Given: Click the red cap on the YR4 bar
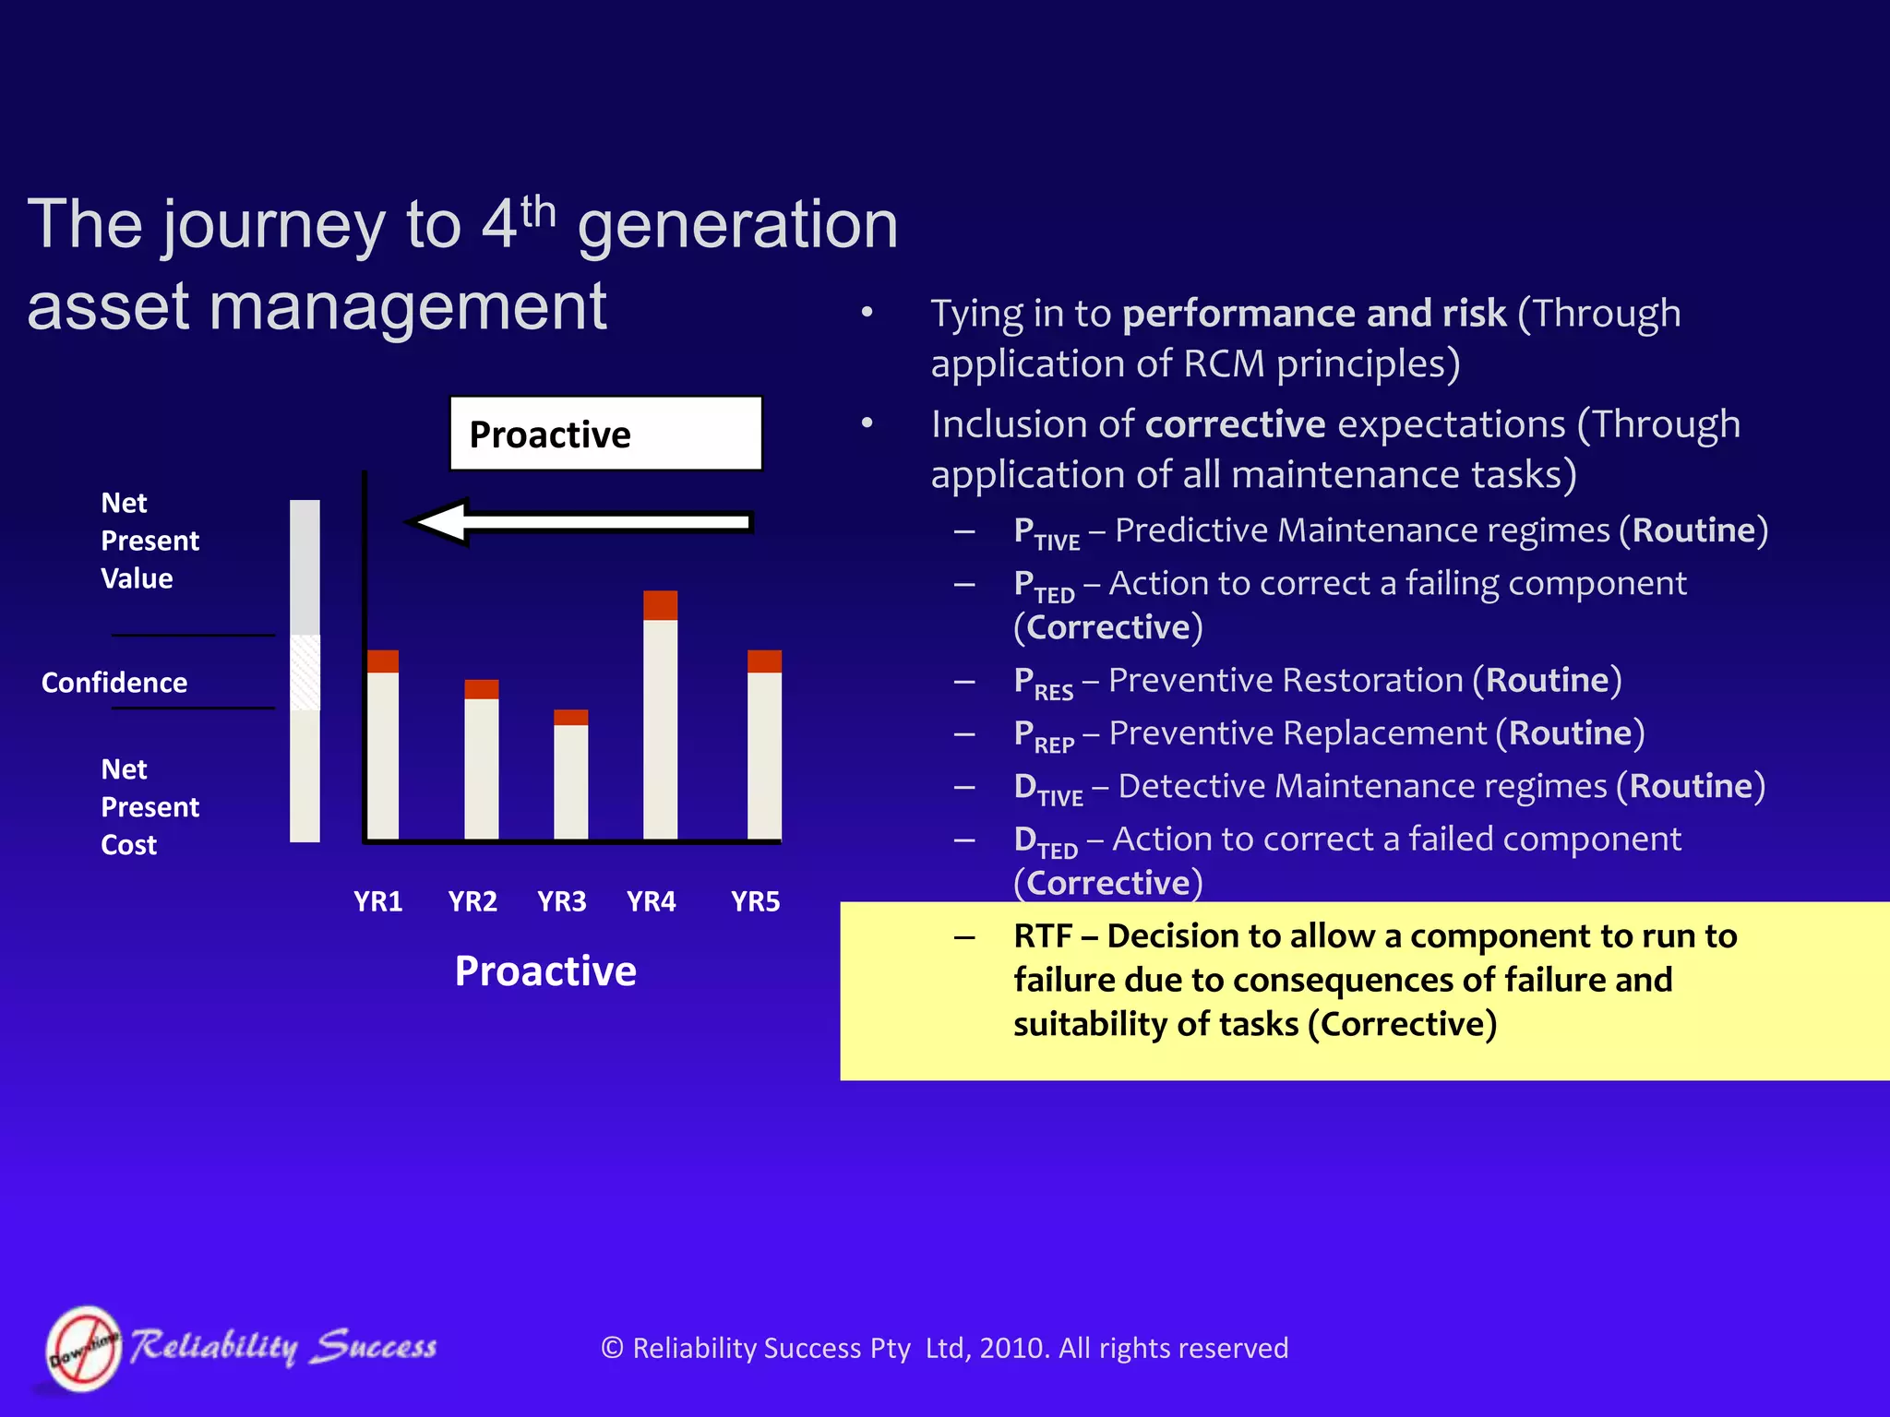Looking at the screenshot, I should pos(660,605).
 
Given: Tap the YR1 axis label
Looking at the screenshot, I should pos(377,901).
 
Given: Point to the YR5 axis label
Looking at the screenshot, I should pos(755,901).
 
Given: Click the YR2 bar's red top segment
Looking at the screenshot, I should pos(481,689).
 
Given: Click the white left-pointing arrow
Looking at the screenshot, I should pos(581,522).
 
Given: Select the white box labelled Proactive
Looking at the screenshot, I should pos(605,434).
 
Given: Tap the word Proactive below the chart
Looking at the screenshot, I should pos(545,970).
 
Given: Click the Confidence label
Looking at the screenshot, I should pos(114,683).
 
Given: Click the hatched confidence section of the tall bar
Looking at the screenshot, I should pos(305,672).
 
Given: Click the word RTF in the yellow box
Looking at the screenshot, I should pos(1042,936).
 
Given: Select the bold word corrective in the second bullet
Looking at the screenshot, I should pos(1235,424).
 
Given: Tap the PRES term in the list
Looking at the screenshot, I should pos(1043,683).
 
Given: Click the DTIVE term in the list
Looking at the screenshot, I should pos(1047,789).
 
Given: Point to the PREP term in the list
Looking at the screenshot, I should pos(1044,735).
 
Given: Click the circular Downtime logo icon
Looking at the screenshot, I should pos(84,1348).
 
